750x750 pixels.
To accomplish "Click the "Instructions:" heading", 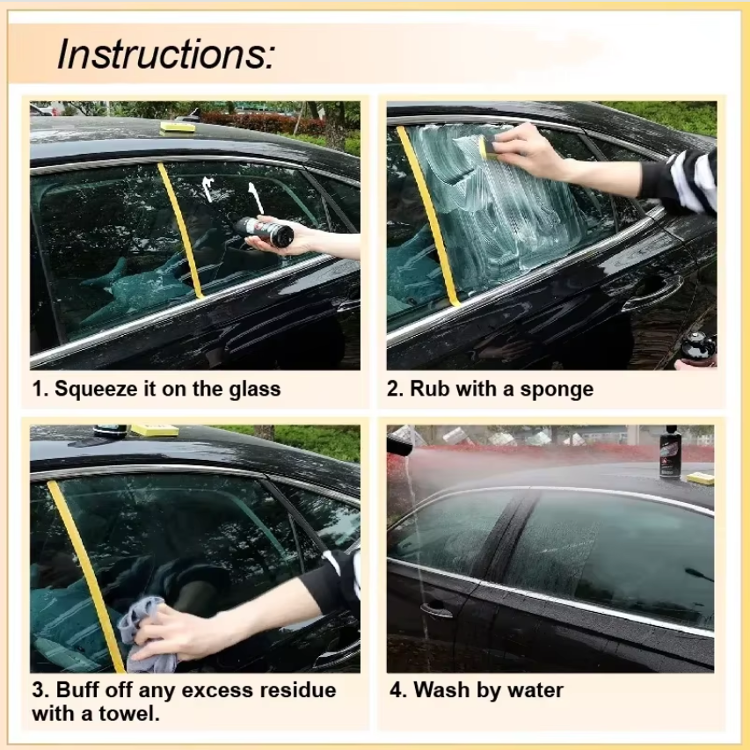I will point(165,55).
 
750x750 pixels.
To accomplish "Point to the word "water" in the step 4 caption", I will point(530,689).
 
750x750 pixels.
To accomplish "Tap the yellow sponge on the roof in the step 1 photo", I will point(178,127).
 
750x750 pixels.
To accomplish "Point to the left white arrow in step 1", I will point(208,188).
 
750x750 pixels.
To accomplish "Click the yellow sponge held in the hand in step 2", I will point(484,146).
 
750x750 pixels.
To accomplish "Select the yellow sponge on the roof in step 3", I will point(154,430).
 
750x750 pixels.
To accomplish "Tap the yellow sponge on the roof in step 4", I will point(701,478).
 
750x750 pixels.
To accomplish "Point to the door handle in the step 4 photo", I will point(435,609).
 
